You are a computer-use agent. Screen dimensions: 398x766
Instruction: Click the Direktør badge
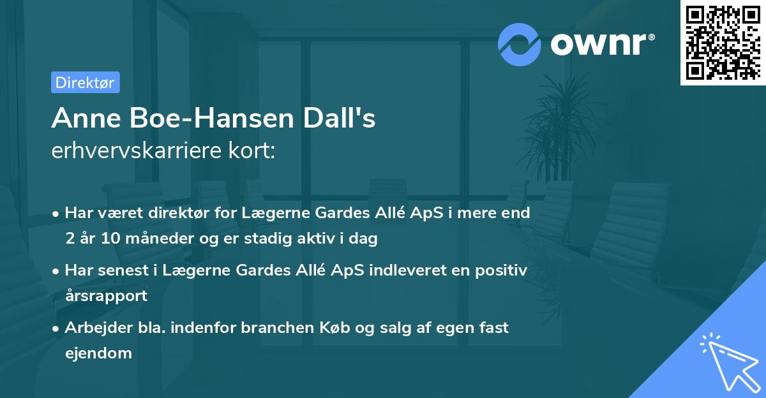85,82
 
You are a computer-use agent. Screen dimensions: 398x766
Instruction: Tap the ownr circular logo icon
520,44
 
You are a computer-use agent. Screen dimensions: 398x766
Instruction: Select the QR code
722,43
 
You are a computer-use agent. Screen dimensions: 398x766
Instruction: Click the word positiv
502,270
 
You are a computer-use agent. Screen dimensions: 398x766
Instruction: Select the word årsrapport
106,295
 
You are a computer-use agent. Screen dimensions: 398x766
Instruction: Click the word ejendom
98,353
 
